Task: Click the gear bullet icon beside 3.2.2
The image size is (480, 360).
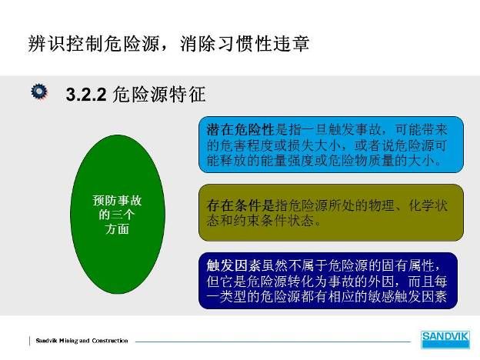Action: coord(39,92)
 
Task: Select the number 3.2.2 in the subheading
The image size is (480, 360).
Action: coord(86,95)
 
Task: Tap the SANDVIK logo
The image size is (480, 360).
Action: coord(445,339)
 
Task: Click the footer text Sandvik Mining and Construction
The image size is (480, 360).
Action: coord(82,341)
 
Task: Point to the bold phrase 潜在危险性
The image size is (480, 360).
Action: coord(240,130)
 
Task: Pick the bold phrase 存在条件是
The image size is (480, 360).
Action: coord(240,205)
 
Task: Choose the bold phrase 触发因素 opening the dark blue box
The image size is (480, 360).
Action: coord(233,265)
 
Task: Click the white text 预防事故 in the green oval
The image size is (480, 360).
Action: coord(117,201)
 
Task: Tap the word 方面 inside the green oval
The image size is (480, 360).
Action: coord(117,229)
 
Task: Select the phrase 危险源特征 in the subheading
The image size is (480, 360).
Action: coord(159,95)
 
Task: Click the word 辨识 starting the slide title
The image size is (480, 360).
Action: coord(47,44)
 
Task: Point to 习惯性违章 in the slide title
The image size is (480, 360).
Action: coord(262,44)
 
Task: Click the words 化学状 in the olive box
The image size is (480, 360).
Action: coord(428,205)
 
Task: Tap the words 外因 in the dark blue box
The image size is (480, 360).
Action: coord(381,281)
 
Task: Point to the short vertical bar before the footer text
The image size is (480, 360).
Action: coord(30,341)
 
